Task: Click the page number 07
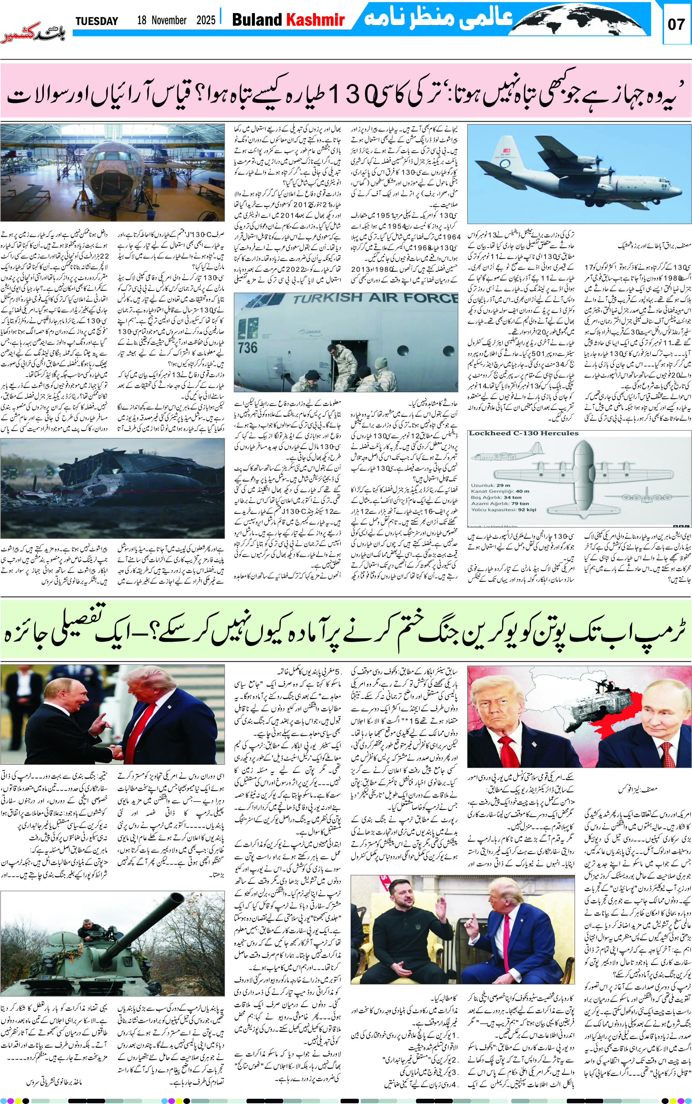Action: click(676, 24)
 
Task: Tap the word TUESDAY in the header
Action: click(97, 21)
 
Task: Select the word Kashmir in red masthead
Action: click(315, 20)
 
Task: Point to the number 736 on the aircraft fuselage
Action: click(247, 347)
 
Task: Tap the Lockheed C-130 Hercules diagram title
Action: click(523, 433)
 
